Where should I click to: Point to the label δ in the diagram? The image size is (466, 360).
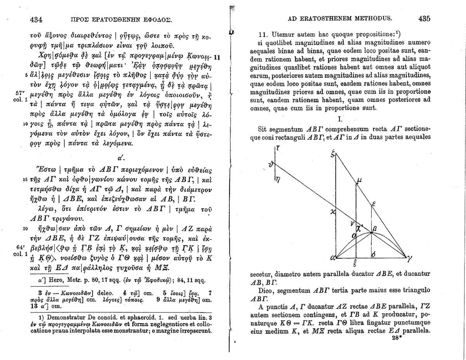pos(373,255)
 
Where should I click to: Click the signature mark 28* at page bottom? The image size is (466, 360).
pos(398,338)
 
